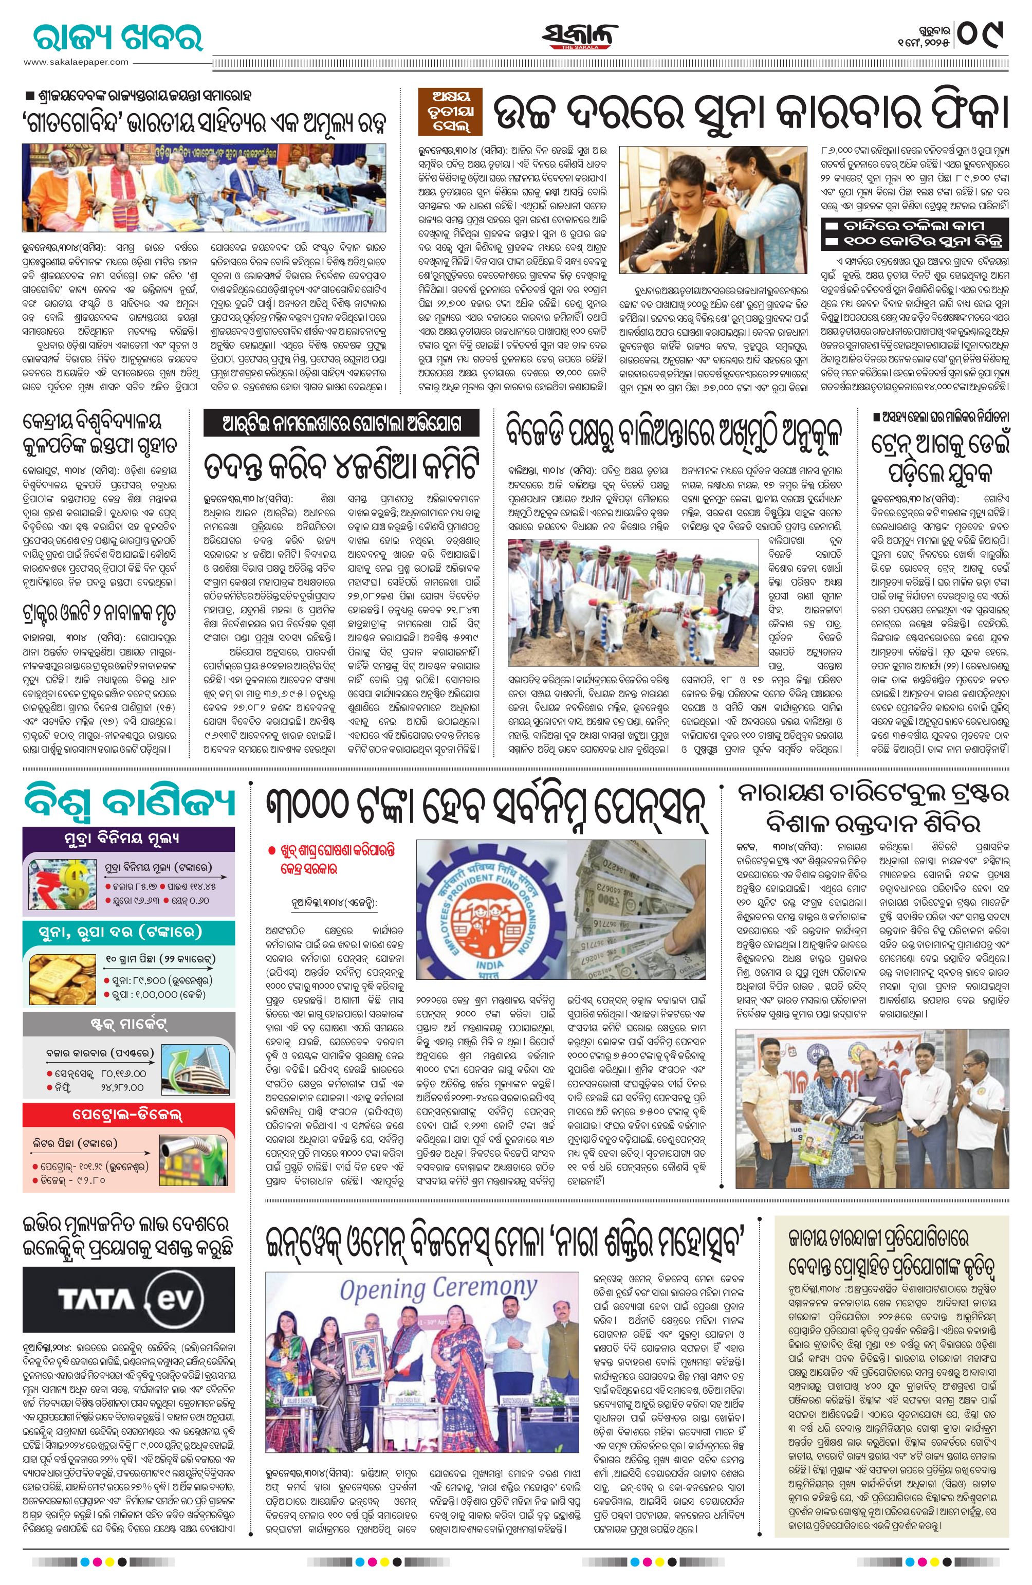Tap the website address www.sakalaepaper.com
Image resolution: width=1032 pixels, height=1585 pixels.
pyautogui.click(x=76, y=62)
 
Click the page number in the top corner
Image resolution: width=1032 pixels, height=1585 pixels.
pyautogui.click(x=982, y=33)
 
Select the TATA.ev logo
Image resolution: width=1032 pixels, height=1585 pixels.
pyautogui.click(x=128, y=1299)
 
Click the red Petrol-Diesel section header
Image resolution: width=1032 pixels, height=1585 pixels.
pyautogui.click(x=128, y=1114)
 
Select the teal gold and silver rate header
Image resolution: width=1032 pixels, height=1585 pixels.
pyautogui.click(x=128, y=932)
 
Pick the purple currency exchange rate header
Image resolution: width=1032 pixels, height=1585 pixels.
pyautogui.click(x=128, y=839)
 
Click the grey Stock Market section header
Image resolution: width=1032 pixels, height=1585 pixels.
pyautogui.click(x=128, y=1022)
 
